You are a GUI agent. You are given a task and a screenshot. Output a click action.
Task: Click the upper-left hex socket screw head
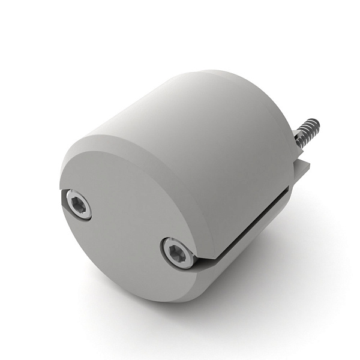pyautogui.click(x=78, y=205)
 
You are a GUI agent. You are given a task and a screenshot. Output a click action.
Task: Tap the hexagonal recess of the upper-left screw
pyautogui.click(x=78, y=205)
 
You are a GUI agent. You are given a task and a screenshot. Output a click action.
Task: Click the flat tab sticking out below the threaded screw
pyautogui.click(x=305, y=171)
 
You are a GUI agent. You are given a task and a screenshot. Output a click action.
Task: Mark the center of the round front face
pyautogui.click(x=129, y=222)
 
